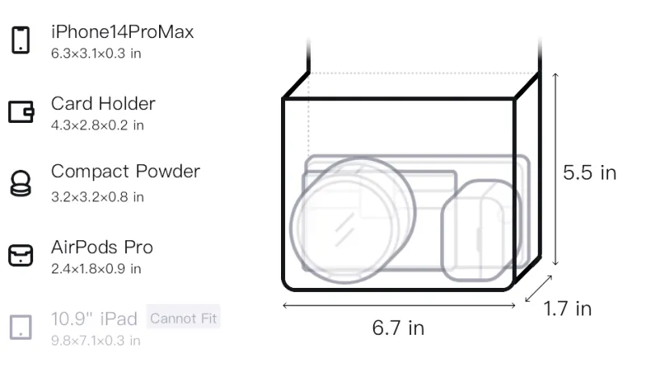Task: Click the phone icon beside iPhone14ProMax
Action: pyautogui.click(x=21, y=40)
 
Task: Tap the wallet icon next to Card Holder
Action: pyautogui.click(x=21, y=112)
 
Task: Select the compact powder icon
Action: pyautogui.click(x=21, y=183)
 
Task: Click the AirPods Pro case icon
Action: pyautogui.click(x=21, y=255)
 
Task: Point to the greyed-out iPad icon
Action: pyautogui.click(x=21, y=328)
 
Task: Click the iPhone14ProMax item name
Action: pyautogui.click(x=123, y=32)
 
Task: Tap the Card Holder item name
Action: pyautogui.click(x=103, y=104)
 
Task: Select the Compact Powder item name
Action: pyautogui.click(x=126, y=171)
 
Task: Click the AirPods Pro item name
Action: pyautogui.click(x=103, y=247)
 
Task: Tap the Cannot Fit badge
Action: pyautogui.click(x=183, y=318)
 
